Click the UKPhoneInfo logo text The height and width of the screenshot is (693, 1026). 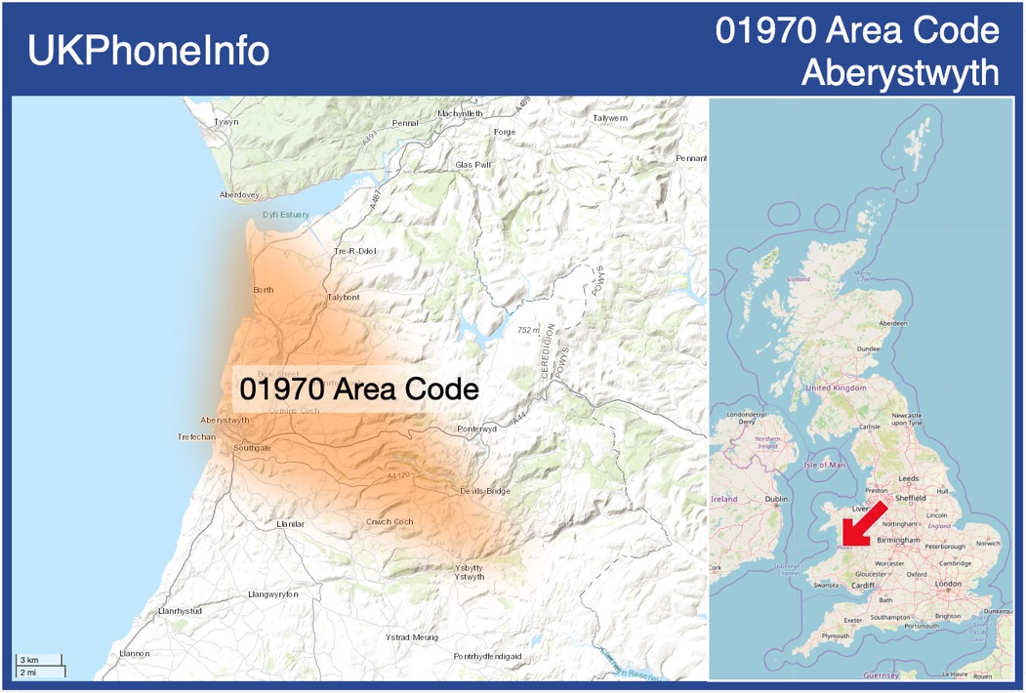point(148,51)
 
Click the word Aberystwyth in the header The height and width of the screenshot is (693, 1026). point(900,72)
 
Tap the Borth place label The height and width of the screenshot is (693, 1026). point(263,290)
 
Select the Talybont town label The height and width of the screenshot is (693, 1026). point(344,297)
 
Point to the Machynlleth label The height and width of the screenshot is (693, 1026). point(461,113)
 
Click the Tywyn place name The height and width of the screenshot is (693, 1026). point(226,122)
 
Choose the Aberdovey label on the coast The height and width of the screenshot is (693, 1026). point(239,194)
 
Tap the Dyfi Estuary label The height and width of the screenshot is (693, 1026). point(285,215)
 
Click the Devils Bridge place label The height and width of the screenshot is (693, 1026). point(485,491)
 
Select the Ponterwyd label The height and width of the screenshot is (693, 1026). point(477,428)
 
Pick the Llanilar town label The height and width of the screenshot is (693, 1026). point(291,524)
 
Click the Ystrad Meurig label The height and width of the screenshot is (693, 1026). point(412,637)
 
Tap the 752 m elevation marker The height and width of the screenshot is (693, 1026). point(528,331)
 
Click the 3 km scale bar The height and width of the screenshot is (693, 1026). point(40,661)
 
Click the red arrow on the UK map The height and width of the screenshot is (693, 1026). point(863,525)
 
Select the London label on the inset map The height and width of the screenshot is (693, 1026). point(948,584)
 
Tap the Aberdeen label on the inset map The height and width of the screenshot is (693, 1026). point(892,323)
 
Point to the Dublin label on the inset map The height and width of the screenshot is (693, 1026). point(776,499)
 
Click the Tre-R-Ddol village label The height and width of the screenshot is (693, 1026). point(355,251)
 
